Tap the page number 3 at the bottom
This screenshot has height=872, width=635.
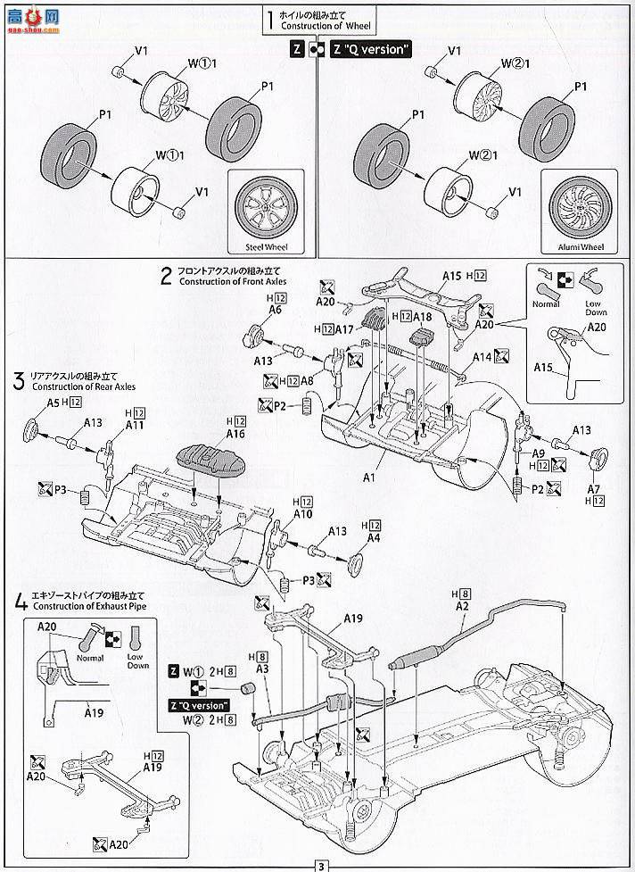[317, 864]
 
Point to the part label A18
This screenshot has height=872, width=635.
[422, 317]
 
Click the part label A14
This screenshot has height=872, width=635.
[482, 357]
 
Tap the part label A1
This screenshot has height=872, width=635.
[369, 453]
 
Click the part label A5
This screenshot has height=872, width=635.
[53, 403]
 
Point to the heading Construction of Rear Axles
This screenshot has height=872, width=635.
[71, 386]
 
